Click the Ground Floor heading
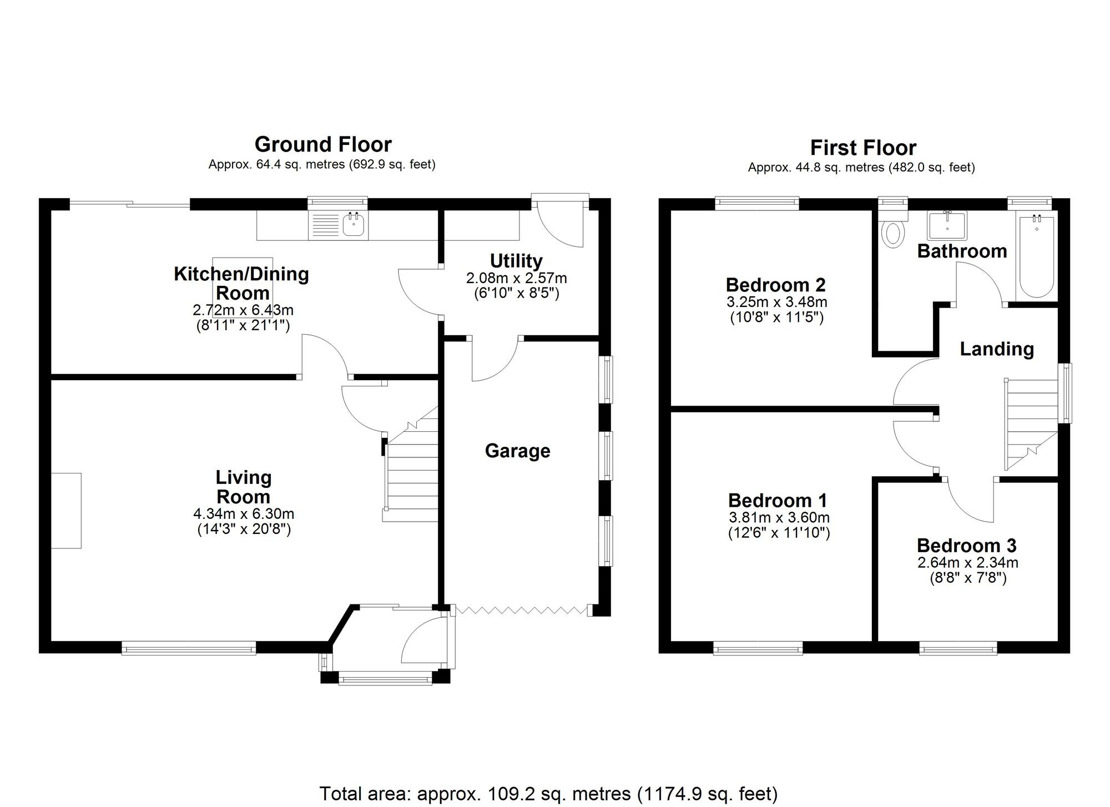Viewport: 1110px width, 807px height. [323, 145]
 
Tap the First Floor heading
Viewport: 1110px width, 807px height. [862, 148]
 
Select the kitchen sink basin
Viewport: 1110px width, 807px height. [354, 225]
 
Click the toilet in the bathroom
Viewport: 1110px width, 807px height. [892, 234]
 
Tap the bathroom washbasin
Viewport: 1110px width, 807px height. [947, 225]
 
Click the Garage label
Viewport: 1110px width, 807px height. [517, 451]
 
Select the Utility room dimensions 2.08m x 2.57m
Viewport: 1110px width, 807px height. [516, 278]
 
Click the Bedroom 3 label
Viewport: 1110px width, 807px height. [966, 546]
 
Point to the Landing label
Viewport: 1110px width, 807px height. [997, 349]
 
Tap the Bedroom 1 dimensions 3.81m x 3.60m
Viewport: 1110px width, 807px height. [779, 518]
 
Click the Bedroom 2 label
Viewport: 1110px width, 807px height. [775, 285]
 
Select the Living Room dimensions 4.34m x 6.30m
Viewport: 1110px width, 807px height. [244, 513]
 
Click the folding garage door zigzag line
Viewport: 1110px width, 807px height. [521, 611]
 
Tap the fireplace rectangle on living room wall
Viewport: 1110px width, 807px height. [67, 511]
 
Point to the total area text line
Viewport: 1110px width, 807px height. [548, 794]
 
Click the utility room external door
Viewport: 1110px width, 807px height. [561, 222]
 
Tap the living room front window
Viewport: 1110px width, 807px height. [189, 648]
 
